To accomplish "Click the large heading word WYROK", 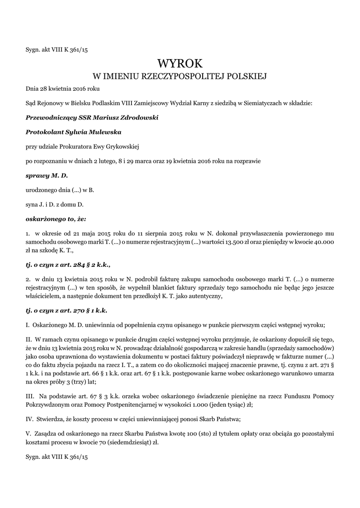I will click(180, 63).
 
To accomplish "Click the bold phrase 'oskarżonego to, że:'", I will click(56, 219).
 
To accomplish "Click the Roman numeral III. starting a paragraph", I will click(30, 396).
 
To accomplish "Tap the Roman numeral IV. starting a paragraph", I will click(30, 419).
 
